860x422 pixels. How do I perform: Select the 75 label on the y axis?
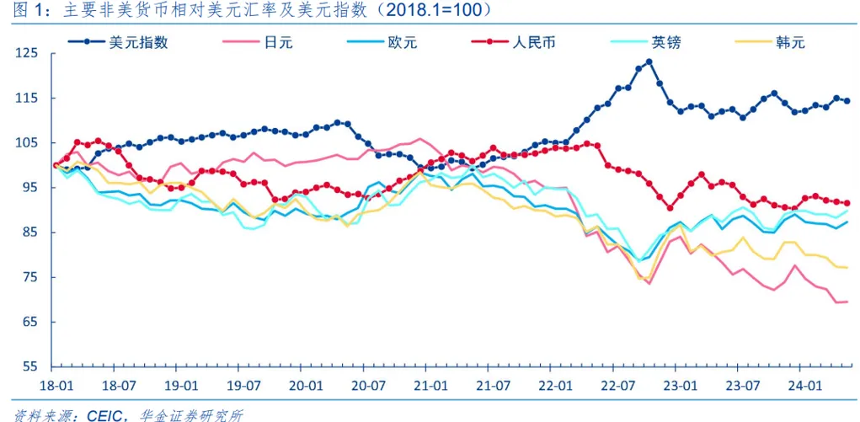tap(31, 278)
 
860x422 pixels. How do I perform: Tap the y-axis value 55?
tap(31, 367)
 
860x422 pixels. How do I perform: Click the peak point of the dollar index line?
tap(649, 61)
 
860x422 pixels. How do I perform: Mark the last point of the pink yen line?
tap(846, 302)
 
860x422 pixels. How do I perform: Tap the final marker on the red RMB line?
tap(847, 203)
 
